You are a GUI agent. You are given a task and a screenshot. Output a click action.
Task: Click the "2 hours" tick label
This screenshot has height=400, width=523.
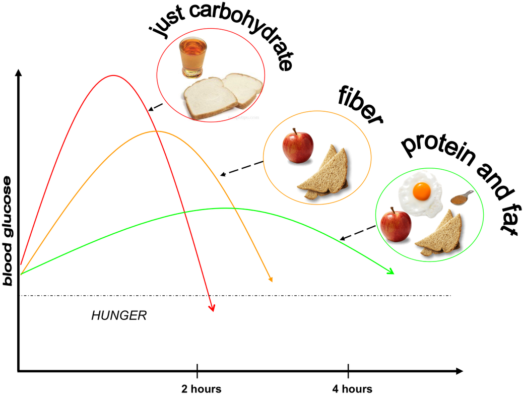[202, 389]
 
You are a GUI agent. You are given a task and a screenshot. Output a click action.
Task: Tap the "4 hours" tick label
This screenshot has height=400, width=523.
[352, 389]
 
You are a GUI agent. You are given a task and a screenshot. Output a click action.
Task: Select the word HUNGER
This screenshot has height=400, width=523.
[119, 315]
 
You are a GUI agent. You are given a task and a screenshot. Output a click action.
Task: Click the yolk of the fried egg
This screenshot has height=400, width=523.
[422, 191]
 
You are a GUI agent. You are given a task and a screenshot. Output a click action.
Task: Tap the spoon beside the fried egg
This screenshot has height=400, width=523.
[462, 198]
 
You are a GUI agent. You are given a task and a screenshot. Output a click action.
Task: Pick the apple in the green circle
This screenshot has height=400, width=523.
[396, 225]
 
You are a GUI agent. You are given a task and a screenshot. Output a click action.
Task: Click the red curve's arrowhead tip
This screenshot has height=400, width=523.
[213, 312]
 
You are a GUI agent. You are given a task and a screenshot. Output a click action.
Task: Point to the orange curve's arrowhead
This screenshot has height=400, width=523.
[271, 280]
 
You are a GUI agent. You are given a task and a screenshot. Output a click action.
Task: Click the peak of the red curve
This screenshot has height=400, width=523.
[113, 76]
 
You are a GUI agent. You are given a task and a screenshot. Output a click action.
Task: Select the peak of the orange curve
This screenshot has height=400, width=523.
[156, 131]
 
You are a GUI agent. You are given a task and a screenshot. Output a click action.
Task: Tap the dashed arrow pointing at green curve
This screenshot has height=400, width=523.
[358, 233]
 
